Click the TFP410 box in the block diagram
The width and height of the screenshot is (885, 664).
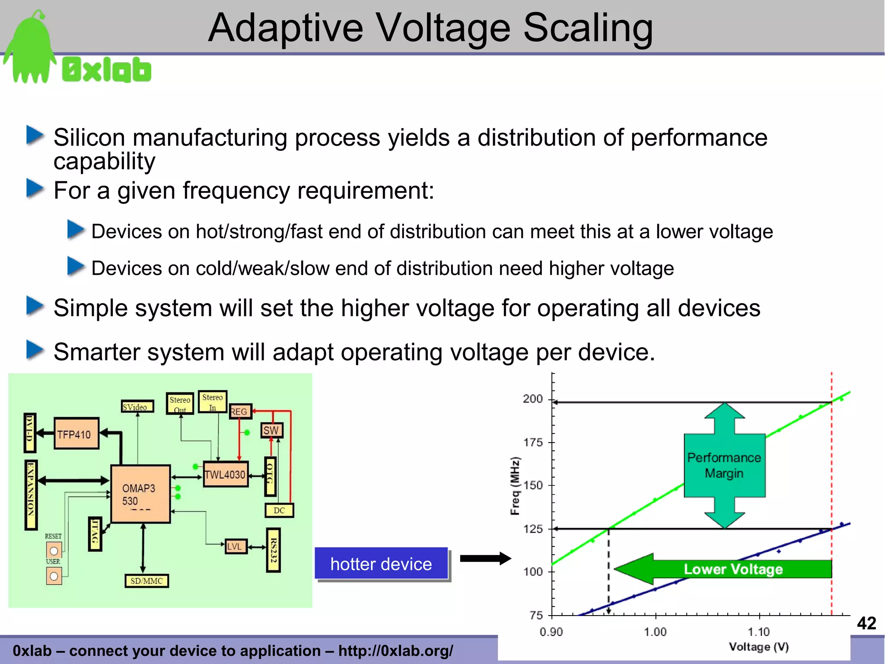coord(76,434)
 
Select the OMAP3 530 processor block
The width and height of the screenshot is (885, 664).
coord(140,494)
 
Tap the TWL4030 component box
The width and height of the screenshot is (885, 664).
coord(225,475)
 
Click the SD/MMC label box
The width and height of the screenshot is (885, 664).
coord(146,581)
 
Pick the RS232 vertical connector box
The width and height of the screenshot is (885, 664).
coord(273,550)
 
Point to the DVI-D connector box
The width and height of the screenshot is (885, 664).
coord(30,433)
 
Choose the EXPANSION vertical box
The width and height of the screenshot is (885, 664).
coord(31,495)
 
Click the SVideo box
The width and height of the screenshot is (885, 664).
coord(137,407)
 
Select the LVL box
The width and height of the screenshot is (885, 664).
coord(235,546)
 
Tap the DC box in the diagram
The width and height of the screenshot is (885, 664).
coord(279,510)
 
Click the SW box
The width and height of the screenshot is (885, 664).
coord(271,430)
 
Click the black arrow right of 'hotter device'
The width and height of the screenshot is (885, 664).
coord(485,558)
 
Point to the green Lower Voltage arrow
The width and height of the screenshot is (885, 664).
coord(723,569)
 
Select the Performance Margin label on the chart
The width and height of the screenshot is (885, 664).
coord(724,465)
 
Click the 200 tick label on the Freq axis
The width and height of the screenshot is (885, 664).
coord(532,399)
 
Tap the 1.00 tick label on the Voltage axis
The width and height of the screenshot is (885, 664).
coord(655,632)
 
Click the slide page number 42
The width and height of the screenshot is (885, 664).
coord(866,623)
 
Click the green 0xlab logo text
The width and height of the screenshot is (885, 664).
coord(107,70)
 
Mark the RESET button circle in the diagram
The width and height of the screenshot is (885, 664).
coord(54,551)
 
